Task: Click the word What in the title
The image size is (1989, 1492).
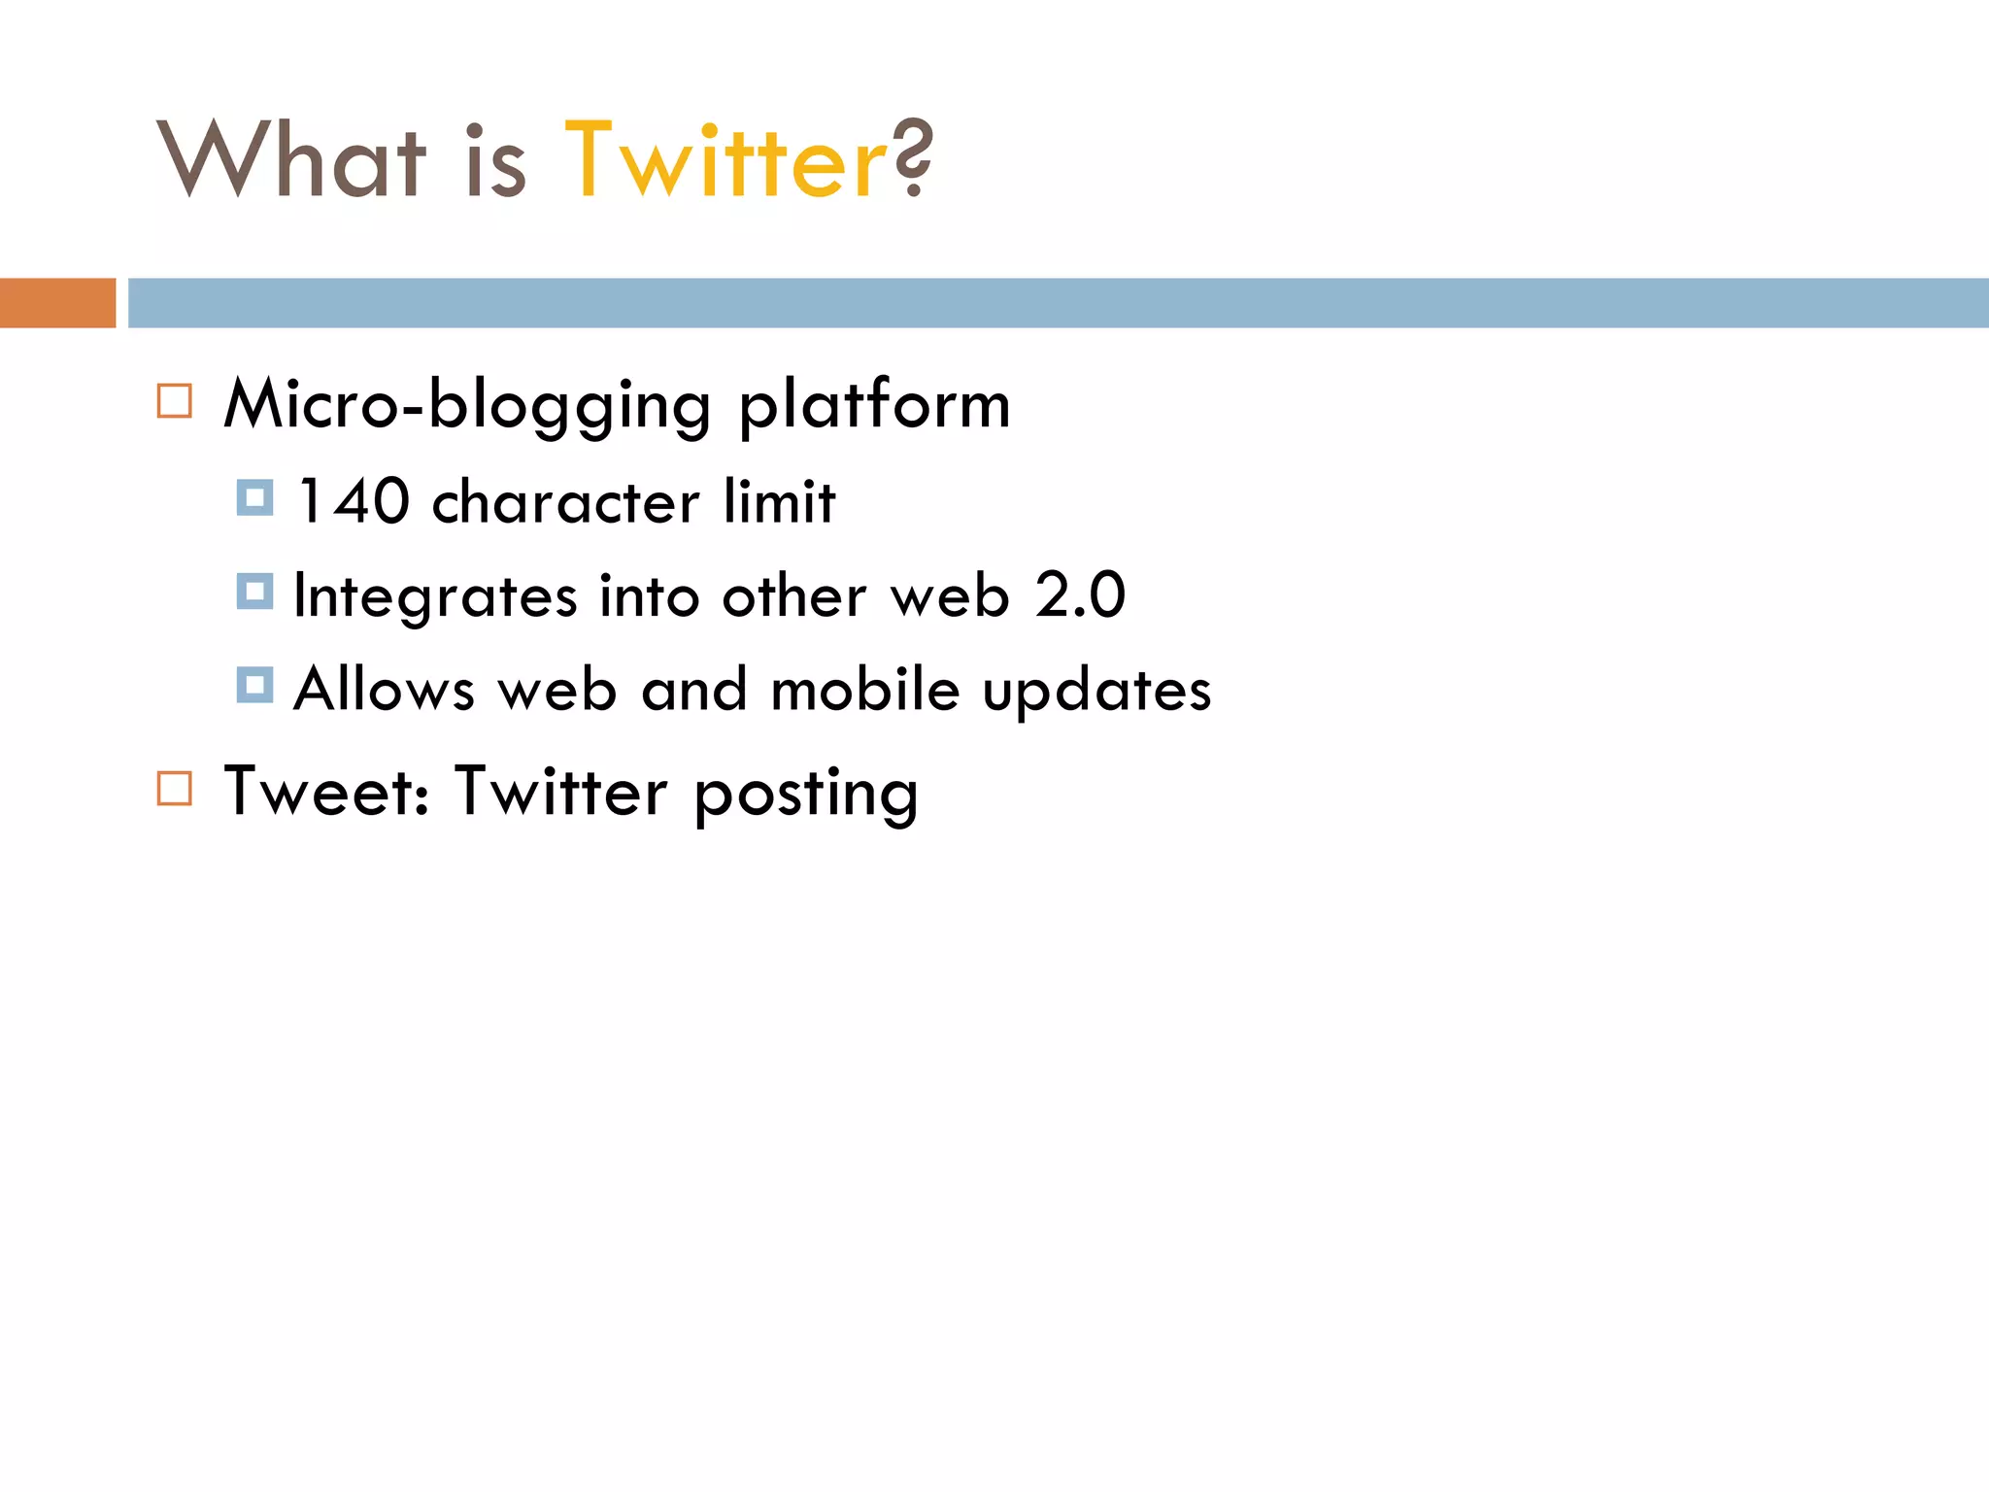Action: (x=291, y=160)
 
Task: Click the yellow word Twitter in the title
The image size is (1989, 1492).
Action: (x=725, y=160)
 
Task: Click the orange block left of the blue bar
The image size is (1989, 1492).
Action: (x=57, y=303)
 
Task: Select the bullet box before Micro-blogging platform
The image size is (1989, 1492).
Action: (x=175, y=401)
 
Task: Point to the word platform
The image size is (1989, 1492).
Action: (x=874, y=405)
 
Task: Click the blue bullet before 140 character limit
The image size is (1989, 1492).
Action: (x=254, y=497)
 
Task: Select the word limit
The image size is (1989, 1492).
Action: (x=779, y=502)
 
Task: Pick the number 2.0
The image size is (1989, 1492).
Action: (x=1080, y=594)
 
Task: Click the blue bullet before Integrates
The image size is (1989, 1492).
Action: (x=254, y=591)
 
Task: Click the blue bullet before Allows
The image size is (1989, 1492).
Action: (x=254, y=685)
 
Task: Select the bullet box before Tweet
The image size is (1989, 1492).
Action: (x=175, y=788)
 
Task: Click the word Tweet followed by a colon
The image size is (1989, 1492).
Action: (x=325, y=791)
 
